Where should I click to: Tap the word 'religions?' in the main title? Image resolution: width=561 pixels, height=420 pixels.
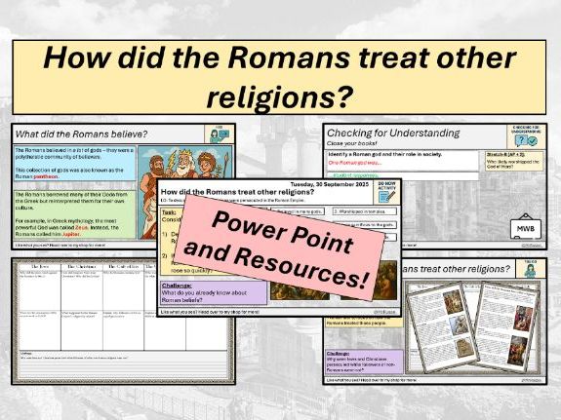(x=279, y=96)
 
